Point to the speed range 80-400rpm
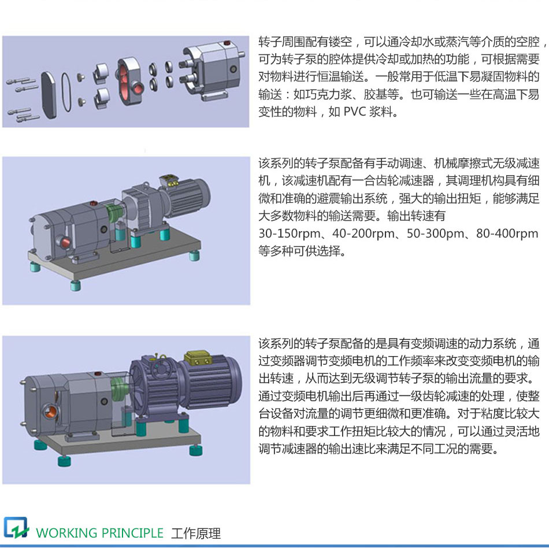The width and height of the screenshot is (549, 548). pyautogui.click(x=507, y=234)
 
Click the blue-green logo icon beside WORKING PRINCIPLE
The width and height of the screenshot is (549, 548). pyautogui.click(x=16, y=528)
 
